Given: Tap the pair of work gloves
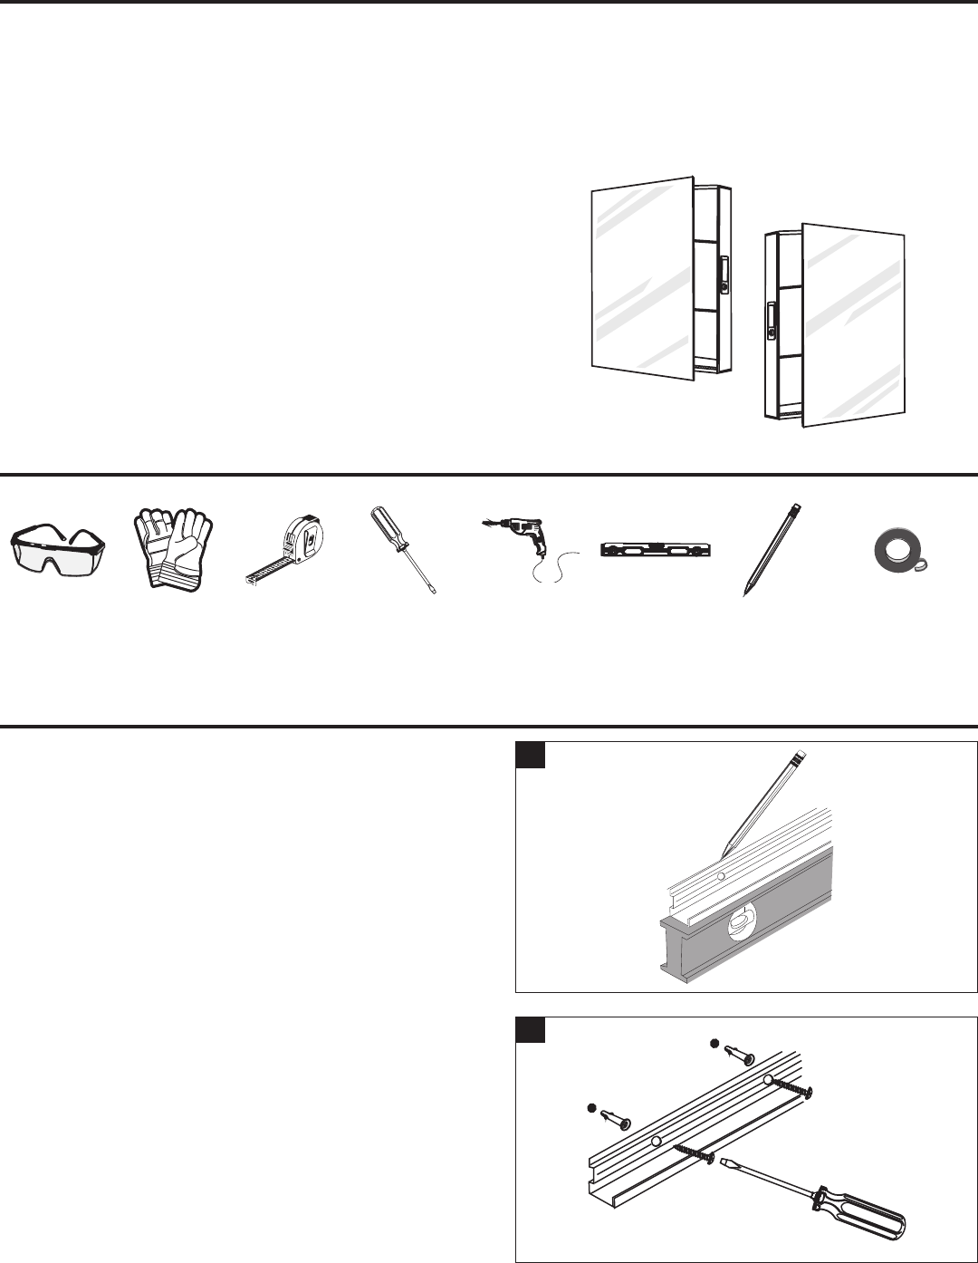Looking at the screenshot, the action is (x=173, y=549).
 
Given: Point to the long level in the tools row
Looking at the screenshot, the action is (x=657, y=549).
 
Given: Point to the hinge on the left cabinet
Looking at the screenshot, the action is (x=724, y=275).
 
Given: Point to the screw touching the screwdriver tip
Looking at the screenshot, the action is (x=696, y=1151).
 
